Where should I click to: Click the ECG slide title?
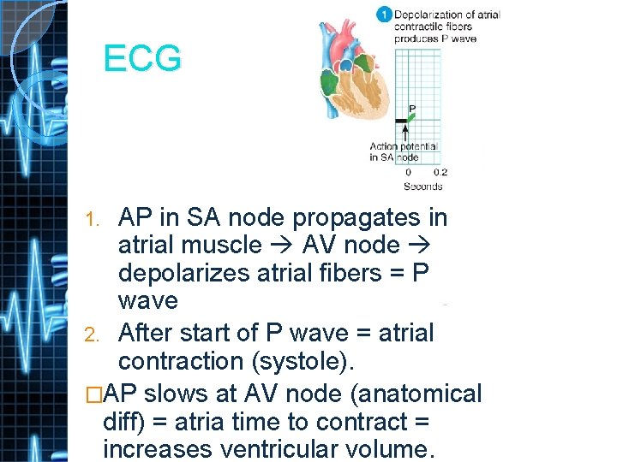(142, 59)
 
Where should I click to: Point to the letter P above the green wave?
(412, 110)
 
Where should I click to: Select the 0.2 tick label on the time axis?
(440, 173)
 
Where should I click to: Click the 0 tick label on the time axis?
(408, 173)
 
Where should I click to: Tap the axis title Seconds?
(423, 186)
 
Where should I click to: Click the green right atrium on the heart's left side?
(329, 83)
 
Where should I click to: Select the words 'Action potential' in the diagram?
(404, 146)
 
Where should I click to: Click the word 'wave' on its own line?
(148, 300)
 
